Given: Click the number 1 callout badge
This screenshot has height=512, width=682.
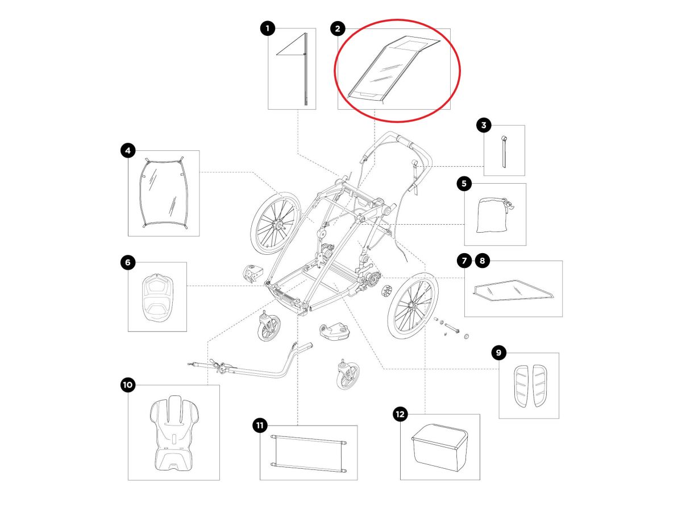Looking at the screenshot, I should click(268, 28).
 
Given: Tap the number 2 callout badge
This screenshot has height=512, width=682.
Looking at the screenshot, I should click(338, 28).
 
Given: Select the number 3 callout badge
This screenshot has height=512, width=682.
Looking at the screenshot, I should click(484, 125).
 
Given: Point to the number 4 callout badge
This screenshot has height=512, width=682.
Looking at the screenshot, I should click(128, 150).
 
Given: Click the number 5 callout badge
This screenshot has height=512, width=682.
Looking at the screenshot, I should click(464, 183).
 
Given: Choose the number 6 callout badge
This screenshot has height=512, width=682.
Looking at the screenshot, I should click(128, 262).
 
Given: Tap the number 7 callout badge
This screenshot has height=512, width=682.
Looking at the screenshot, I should click(464, 261).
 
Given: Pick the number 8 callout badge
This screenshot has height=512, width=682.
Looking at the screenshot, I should click(482, 261).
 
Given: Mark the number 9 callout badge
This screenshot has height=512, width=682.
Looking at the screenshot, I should click(498, 353).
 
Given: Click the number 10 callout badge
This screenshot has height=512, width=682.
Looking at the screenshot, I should click(128, 385).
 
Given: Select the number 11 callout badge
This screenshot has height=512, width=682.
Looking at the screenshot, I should click(260, 425).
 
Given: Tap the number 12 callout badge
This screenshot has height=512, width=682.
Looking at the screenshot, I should click(400, 414).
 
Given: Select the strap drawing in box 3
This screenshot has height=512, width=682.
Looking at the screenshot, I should click(504, 151).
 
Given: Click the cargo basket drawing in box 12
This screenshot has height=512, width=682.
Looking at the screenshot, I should click(439, 447).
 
